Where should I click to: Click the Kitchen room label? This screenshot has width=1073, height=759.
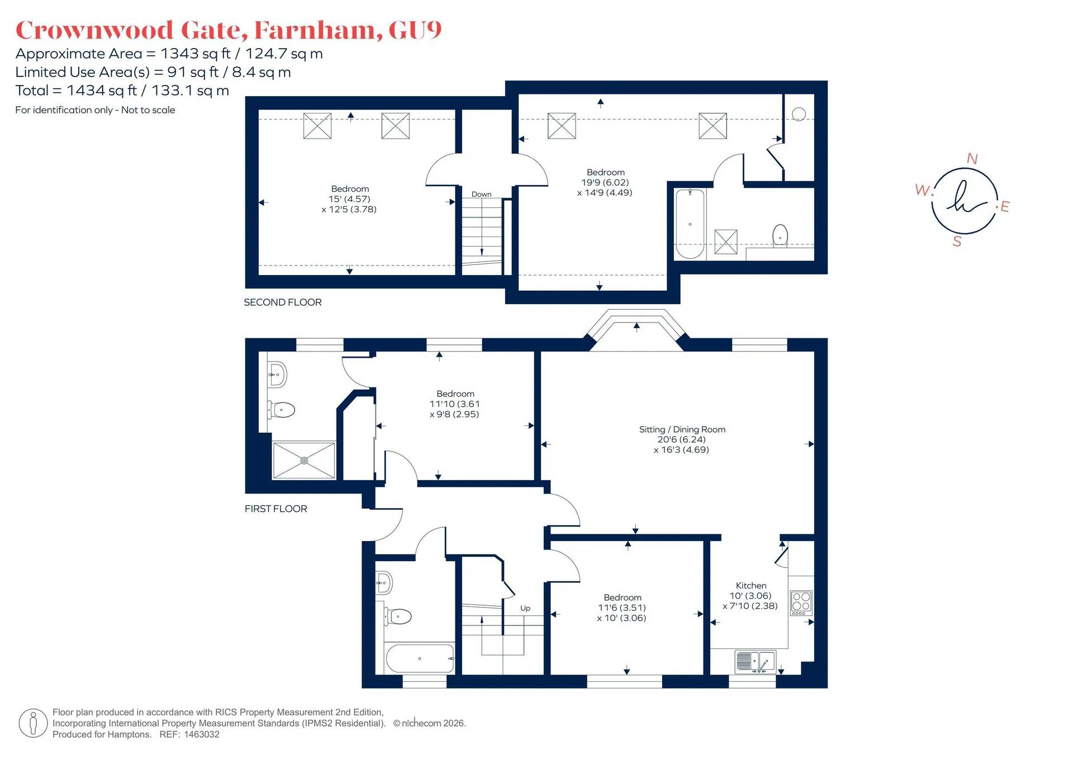tap(751, 585)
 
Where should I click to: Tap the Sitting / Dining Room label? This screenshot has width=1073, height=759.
tap(682, 429)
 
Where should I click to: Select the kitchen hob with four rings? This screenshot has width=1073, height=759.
tap(801, 603)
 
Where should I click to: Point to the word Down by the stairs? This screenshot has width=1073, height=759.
tap(481, 195)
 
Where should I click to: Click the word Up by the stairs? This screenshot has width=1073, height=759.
tap(525, 608)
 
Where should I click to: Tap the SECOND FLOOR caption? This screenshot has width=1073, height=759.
tap(283, 302)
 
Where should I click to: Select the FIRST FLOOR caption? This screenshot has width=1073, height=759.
tap(276, 509)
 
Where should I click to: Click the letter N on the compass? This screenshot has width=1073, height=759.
tap(972, 159)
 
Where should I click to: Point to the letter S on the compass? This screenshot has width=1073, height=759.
tap(957, 241)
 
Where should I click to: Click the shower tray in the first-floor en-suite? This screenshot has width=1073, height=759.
tap(304, 461)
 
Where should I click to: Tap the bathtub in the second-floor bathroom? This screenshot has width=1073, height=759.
tap(690, 224)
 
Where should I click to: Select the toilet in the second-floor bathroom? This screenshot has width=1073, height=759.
tap(780, 236)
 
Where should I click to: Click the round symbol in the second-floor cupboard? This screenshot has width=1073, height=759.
tap(799, 114)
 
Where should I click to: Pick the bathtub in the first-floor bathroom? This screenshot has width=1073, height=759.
tap(420, 659)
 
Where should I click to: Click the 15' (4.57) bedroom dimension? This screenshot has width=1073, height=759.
tap(349, 199)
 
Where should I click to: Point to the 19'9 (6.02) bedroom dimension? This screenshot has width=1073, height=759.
tap(605, 183)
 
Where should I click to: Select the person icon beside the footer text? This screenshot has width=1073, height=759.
tap(33, 723)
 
